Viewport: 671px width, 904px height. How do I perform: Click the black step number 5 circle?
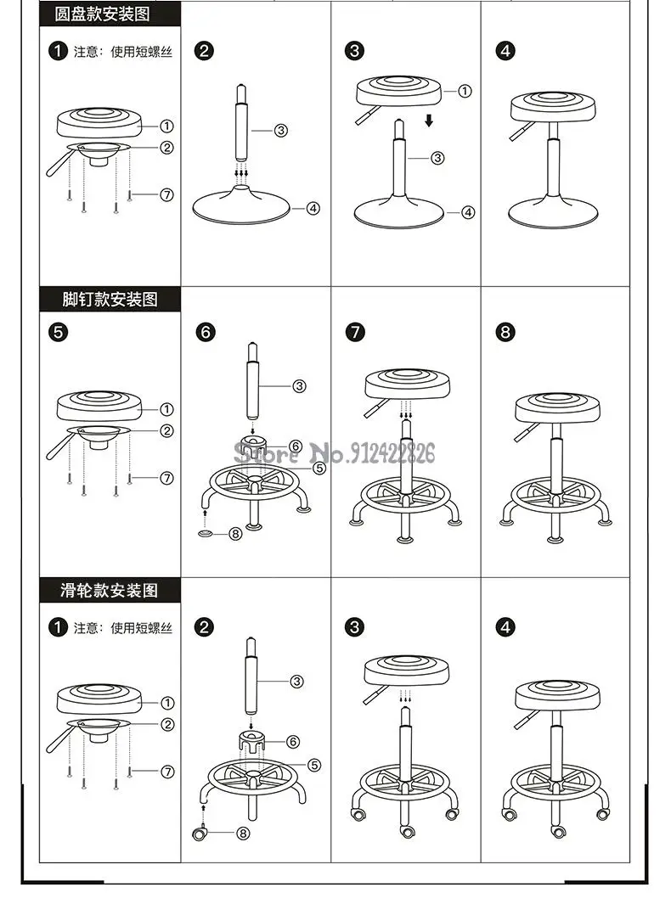58,332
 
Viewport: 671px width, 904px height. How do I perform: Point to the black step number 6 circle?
206,332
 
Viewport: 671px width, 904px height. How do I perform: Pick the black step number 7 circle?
355,332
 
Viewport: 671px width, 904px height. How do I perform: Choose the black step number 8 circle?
506,332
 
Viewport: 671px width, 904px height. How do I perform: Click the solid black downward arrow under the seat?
429,121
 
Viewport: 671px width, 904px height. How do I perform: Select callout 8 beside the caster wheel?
243,833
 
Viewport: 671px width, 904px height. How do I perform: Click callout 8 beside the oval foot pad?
236,534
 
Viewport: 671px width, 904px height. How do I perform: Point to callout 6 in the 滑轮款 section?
293,741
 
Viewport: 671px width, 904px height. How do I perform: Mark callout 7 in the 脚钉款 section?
166,478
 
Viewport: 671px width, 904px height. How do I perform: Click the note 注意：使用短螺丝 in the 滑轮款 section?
122,628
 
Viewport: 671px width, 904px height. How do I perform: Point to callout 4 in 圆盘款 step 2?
313,207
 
